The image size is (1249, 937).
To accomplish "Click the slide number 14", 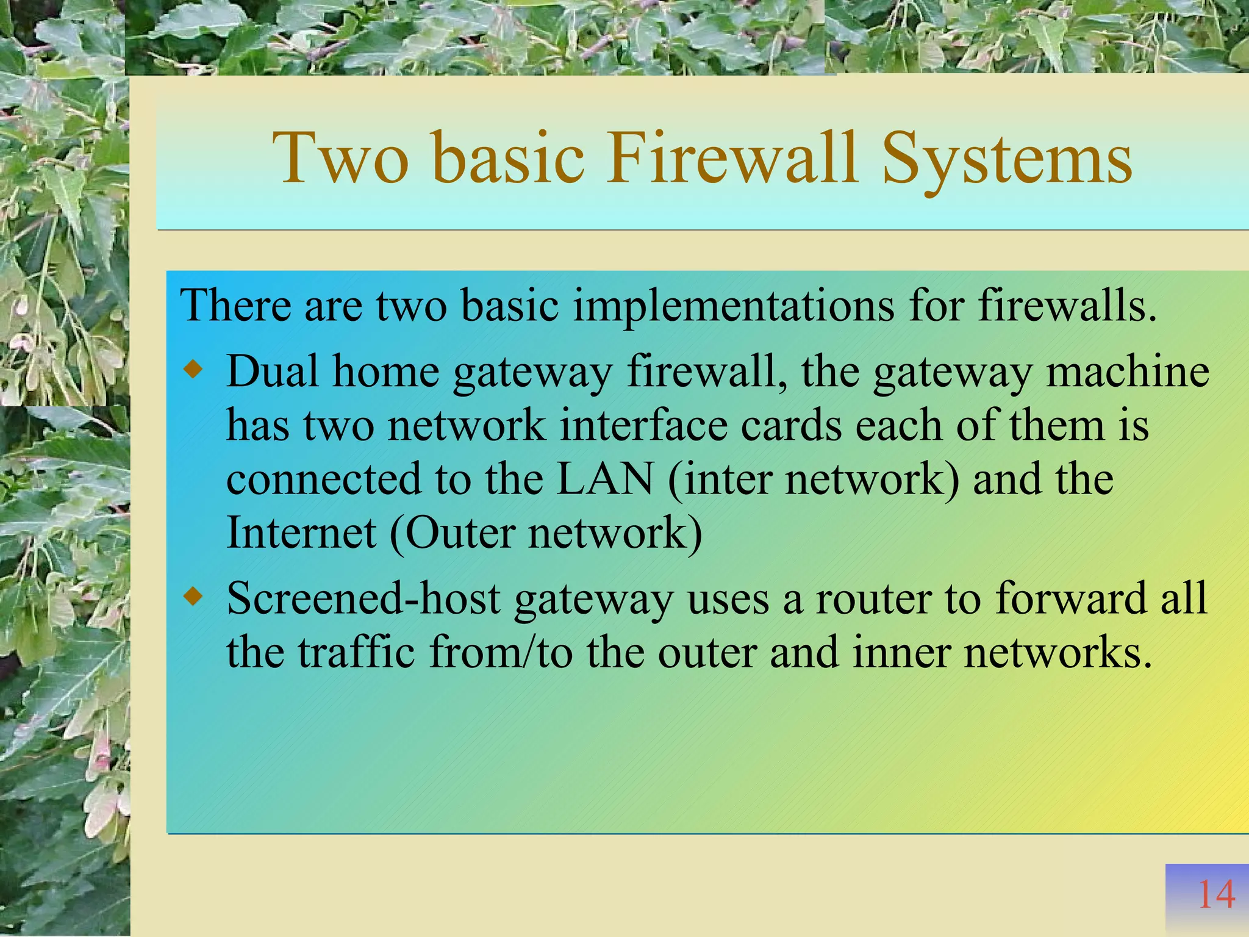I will point(1216,895).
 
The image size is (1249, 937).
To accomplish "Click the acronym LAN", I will point(605,479).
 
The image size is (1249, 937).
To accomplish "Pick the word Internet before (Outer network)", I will point(301,533).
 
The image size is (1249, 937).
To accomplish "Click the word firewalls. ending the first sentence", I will point(1067,305).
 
